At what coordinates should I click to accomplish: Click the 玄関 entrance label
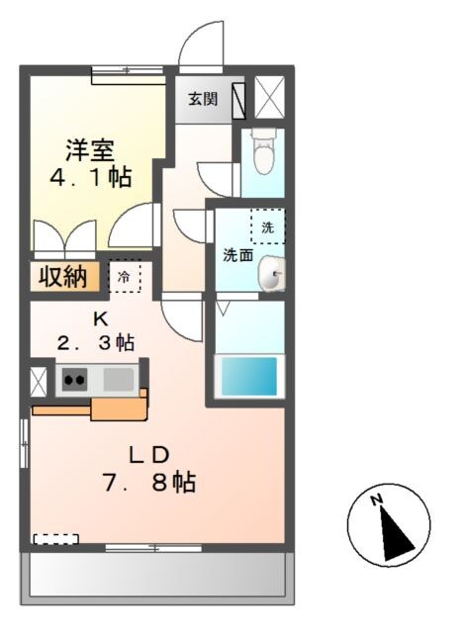pos(203,99)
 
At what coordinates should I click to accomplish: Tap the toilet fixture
pos(263,152)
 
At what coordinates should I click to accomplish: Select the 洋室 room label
pos(91,151)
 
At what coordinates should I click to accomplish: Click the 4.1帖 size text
pos(91,179)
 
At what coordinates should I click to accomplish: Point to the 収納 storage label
pos(61,277)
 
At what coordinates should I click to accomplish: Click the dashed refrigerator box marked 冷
pos(125,277)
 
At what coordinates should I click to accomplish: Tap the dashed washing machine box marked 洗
pos(267,226)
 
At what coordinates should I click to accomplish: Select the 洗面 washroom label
pos(237,255)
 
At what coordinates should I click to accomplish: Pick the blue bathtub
pos(247,377)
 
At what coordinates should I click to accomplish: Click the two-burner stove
pos(74,378)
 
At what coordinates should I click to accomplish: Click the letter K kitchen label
pos(99,318)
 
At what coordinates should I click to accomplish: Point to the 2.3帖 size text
pos(95,343)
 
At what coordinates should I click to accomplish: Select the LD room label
pos(152,454)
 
